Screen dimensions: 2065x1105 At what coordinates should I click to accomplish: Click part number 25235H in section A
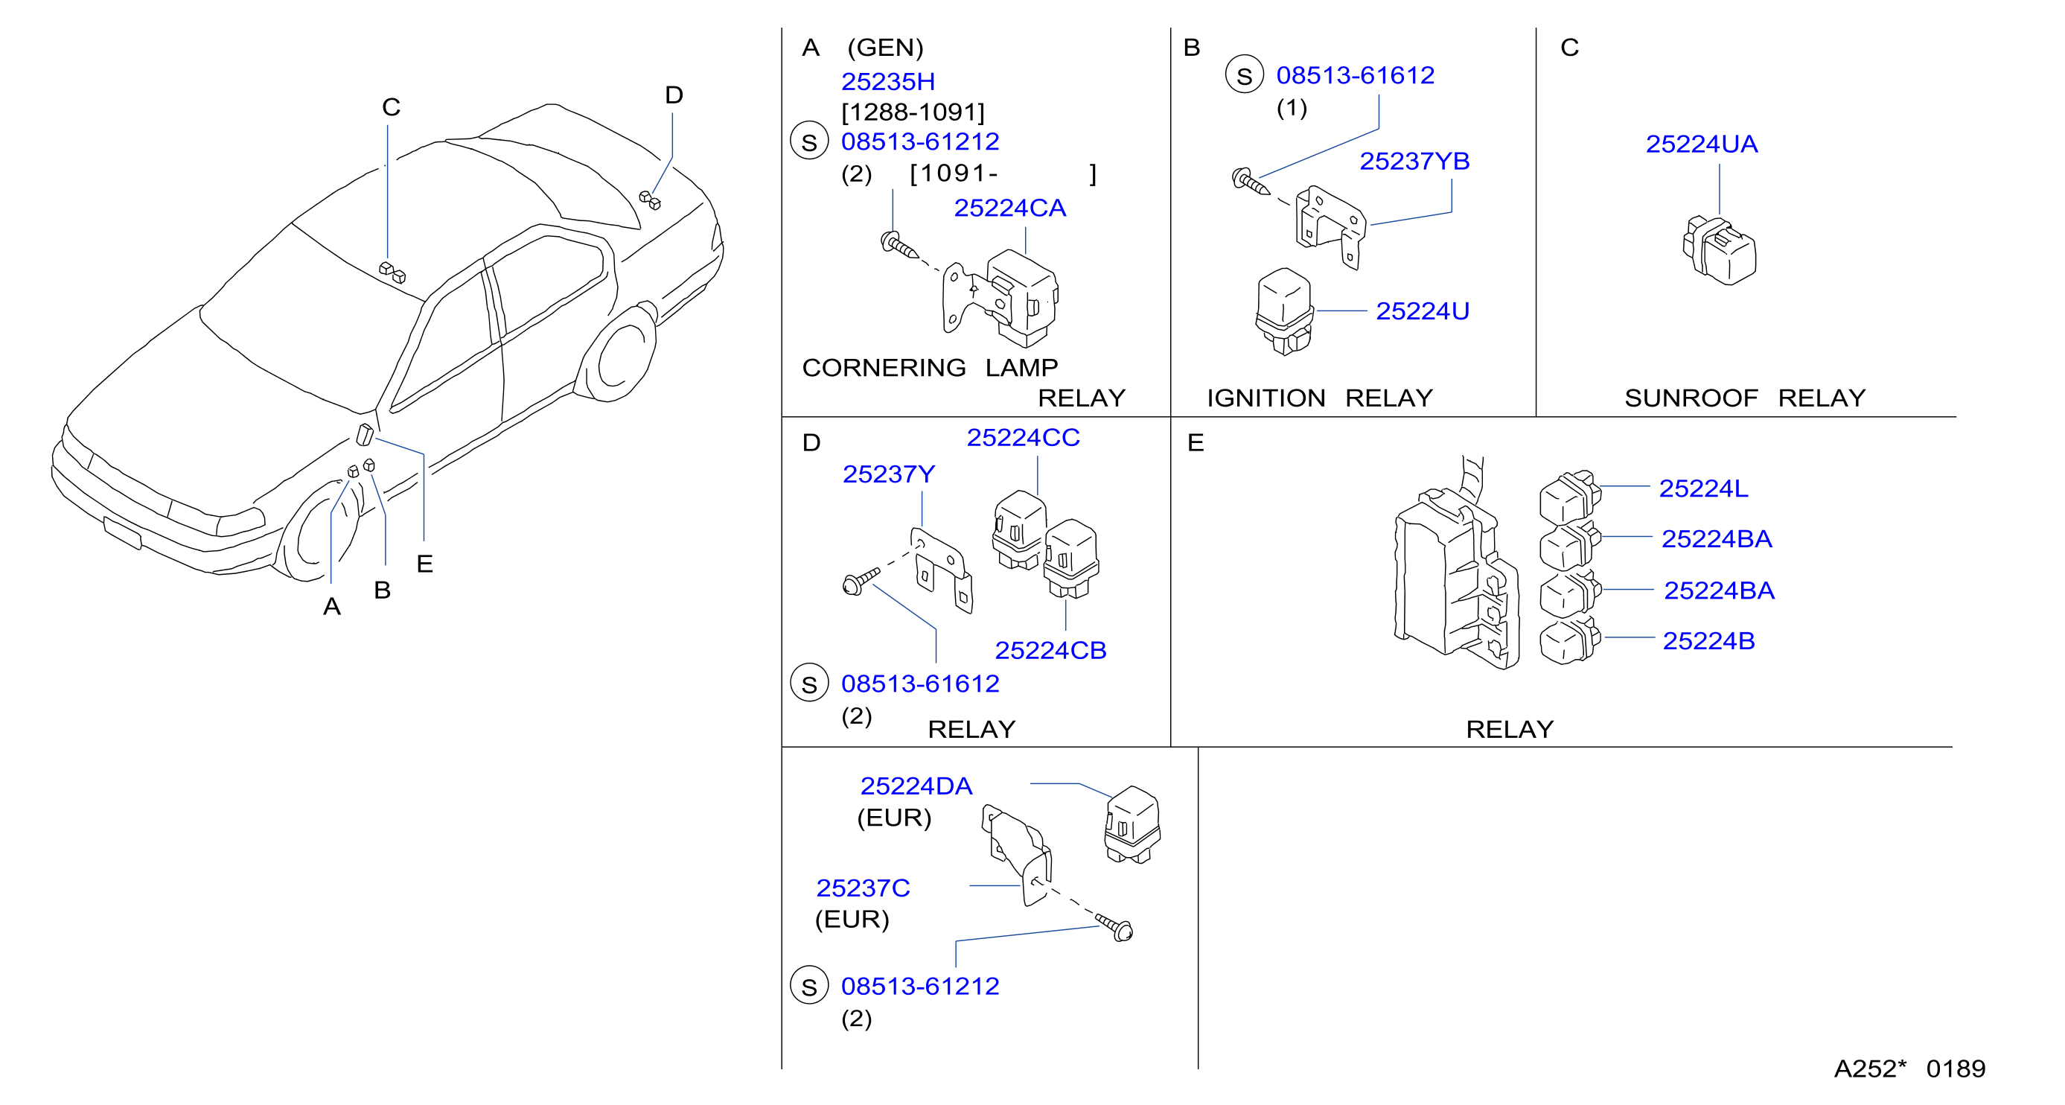(x=887, y=82)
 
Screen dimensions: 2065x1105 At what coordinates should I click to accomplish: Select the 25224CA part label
(x=1009, y=208)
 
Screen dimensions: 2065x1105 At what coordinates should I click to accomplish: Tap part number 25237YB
(x=1414, y=161)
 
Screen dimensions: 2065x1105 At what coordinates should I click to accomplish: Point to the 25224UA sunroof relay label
(x=1701, y=144)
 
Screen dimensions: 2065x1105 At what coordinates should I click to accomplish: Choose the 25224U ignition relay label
(x=1422, y=311)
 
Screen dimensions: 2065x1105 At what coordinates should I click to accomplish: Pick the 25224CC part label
(x=1023, y=438)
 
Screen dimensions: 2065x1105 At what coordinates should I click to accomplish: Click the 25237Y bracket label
(x=888, y=475)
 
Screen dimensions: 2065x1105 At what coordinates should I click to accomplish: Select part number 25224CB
(x=1050, y=650)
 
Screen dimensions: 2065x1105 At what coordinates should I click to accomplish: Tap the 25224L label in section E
(x=1703, y=488)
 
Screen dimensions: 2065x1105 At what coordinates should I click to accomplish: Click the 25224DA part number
(x=916, y=786)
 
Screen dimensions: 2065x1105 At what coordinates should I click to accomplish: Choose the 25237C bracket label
(x=863, y=888)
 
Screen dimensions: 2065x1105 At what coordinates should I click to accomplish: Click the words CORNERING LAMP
(x=930, y=367)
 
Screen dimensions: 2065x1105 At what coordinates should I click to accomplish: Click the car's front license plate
(x=123, y=533)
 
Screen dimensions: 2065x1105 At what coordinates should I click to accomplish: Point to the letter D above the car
(x=674, y=95)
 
